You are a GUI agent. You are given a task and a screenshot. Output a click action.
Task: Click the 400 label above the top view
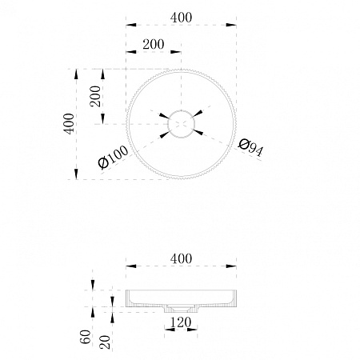tap(181, 18)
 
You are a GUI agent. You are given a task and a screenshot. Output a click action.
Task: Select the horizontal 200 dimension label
tap(154, 44)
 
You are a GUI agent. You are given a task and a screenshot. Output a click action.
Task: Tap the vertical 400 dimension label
tap(69, 124)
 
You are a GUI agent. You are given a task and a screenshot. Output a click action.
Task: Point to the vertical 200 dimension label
tap(95, 96)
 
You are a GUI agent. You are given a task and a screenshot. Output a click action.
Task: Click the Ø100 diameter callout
tap(113, 158)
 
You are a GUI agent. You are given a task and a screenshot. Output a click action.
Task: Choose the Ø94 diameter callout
tap(250, 147)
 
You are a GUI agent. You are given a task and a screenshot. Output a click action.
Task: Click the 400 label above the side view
tap(181, 258)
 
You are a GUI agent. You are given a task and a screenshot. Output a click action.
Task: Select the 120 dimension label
tap(181, 322)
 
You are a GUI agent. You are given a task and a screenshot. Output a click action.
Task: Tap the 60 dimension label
tap(86, 337)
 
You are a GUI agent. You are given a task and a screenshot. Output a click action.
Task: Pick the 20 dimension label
tap(105, 342)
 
